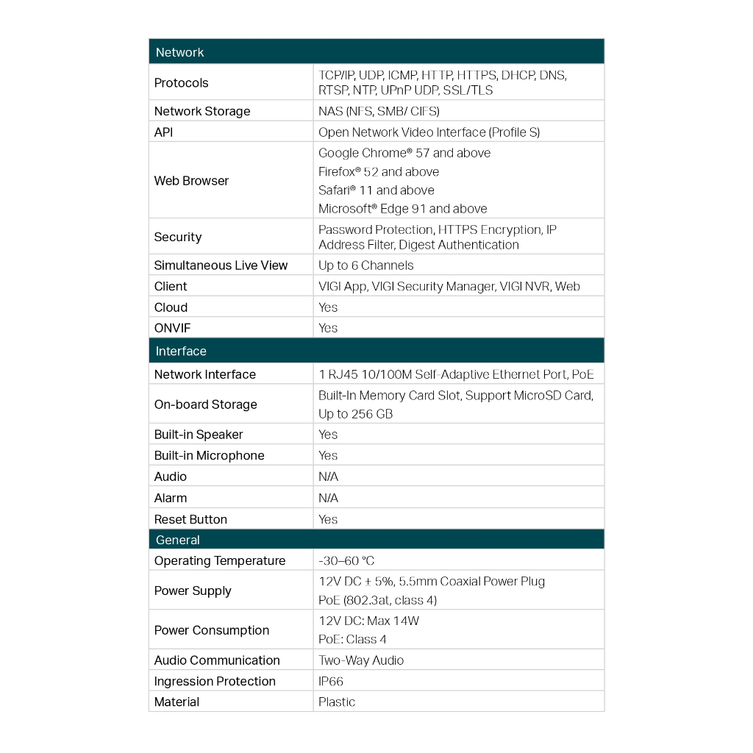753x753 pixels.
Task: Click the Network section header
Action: (180, 52)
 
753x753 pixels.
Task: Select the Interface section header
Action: (181, 351)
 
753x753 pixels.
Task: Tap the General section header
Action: (178, 540)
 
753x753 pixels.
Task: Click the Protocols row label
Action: (182, 83)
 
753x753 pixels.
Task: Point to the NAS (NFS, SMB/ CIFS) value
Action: (379, 111)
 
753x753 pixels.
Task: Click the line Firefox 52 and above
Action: (379, 171)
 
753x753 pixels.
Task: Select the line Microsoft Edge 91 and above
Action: (403, 209)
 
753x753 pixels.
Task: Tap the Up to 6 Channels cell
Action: (366, 265)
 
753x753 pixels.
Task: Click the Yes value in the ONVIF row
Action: (328, 328)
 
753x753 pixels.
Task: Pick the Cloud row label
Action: (171, 307)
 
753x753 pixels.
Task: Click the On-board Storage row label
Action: (206, 404)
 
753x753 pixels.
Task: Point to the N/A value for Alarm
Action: (328, 498)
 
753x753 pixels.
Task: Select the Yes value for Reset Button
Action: (328, 519)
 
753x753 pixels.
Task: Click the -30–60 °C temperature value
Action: (346, 561)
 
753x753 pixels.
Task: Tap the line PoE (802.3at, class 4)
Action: (377, 600)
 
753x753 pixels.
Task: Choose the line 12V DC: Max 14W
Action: (368, 621)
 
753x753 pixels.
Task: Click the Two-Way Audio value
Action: (361, 660)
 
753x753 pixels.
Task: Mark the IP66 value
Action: (331, 682)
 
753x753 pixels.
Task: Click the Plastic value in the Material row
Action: (337, 702)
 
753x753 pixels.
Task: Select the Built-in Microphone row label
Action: (209, 456)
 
